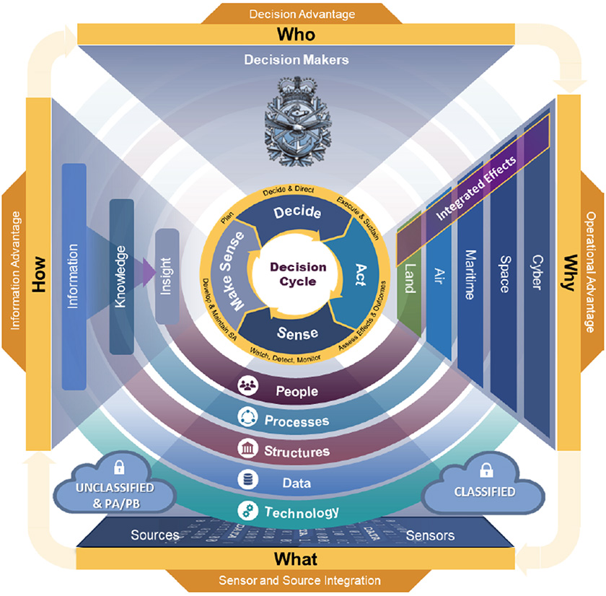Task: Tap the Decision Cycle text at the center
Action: (x=298, y=274)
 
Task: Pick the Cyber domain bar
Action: (x=535, y=274)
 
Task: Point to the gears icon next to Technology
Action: (x=246, y=512)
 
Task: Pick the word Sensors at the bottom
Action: (x=430, y=535)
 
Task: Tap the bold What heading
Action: (x=296, y=559)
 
